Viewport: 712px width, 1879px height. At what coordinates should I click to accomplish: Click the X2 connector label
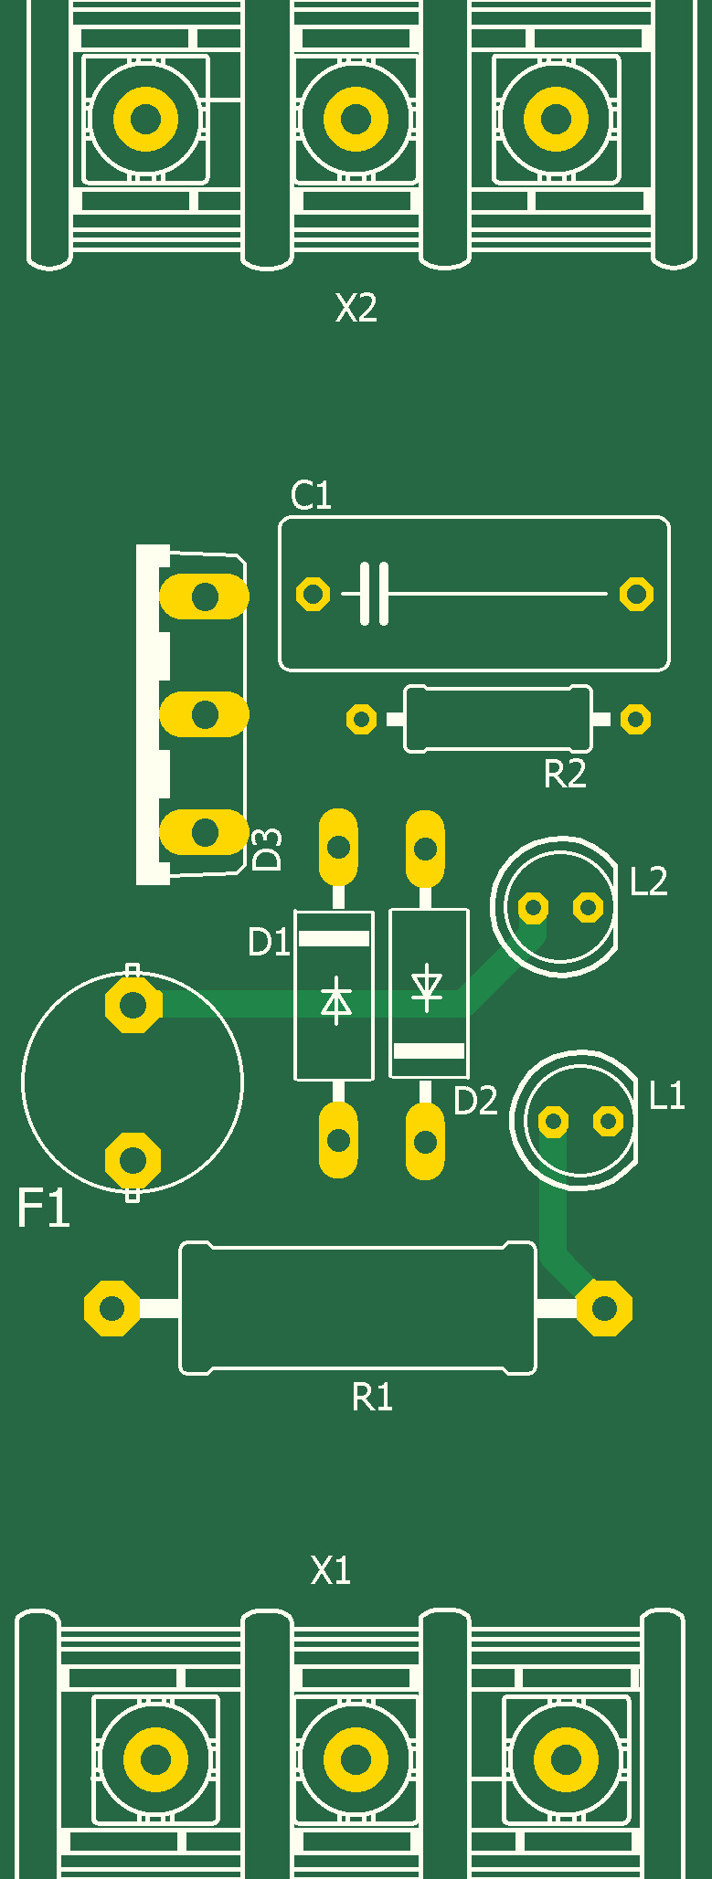(356, 308)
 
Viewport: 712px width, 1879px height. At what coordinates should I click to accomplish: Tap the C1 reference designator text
(311, 495)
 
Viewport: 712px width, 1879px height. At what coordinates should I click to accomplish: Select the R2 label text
(565, 774)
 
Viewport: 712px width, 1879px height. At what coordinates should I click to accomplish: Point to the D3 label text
(267, 850)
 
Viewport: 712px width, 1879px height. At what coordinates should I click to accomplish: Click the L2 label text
(649, 881)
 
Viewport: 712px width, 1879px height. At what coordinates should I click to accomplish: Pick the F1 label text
(43, 1208)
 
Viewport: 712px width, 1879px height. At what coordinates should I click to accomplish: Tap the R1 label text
(372, 1397)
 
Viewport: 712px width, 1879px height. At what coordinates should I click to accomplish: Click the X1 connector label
(331, 1570)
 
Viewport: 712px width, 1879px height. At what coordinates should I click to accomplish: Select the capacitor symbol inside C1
(374, 594)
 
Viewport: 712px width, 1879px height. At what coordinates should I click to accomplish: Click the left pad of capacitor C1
(313, 594)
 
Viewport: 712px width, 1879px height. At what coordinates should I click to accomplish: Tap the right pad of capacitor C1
(636, 594)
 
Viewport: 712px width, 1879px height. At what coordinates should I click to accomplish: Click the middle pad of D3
(204, 714)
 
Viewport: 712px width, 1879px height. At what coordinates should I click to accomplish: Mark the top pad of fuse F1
(133, 1005)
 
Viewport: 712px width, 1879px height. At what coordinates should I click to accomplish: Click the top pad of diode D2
(425, 849)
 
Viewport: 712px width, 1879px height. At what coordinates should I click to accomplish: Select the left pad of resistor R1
(112, 1308)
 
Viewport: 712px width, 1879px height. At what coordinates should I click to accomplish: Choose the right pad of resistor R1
(604, 1308)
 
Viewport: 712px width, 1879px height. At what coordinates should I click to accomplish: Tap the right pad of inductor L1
(608, 1121)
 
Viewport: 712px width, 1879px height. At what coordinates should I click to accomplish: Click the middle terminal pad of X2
(356, 118)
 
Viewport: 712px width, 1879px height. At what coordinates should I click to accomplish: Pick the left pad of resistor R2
(362, 720)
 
